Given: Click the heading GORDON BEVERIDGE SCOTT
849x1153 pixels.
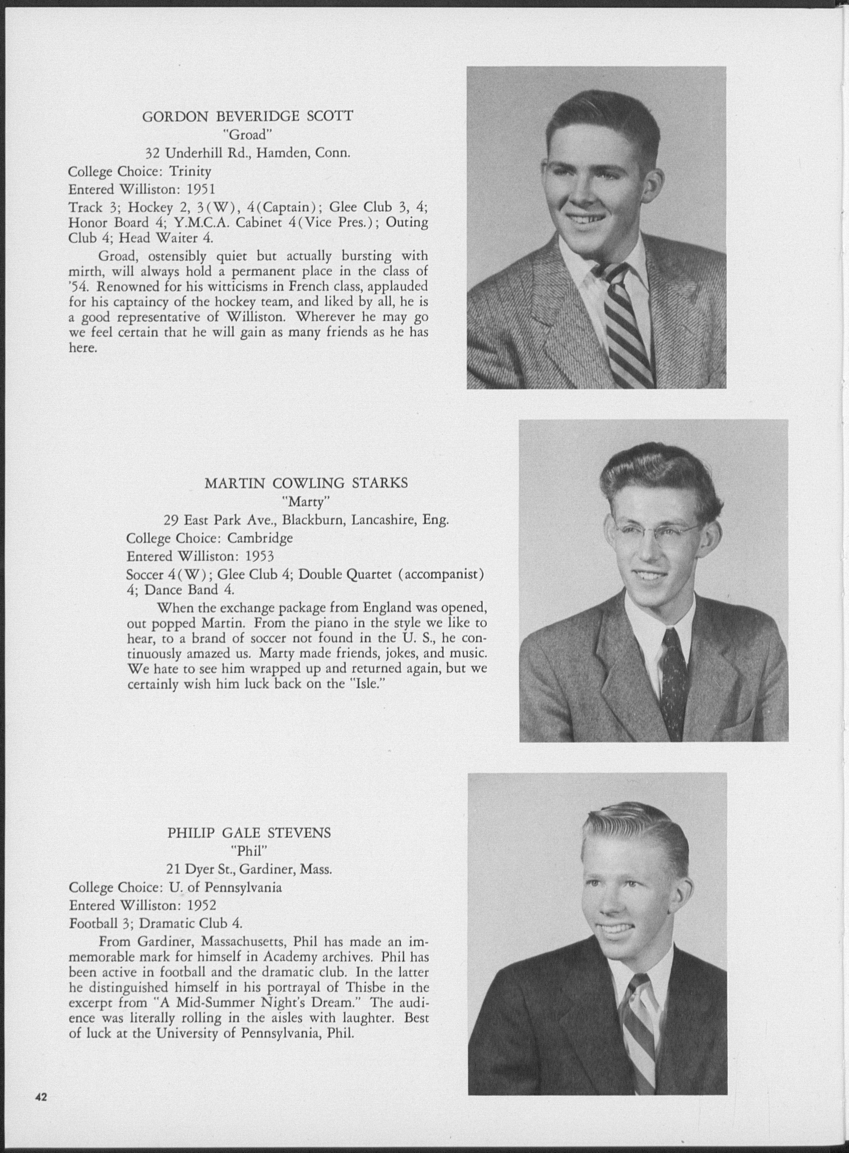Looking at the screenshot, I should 247,117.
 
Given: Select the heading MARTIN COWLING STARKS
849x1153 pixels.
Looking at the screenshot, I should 306,483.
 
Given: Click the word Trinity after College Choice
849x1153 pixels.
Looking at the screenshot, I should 190,171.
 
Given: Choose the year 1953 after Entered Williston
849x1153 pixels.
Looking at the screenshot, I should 259,556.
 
